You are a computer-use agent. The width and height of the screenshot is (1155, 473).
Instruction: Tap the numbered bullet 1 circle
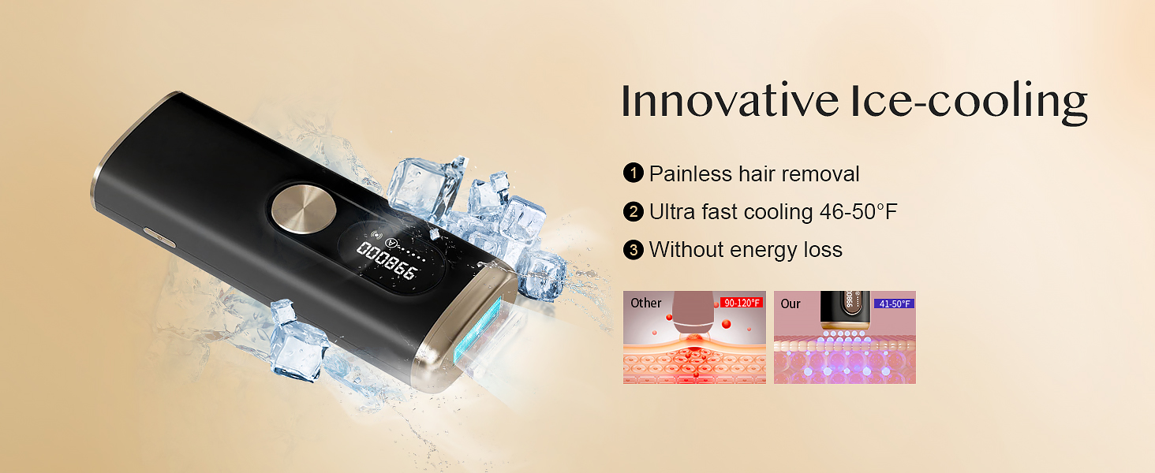tap(634, 173)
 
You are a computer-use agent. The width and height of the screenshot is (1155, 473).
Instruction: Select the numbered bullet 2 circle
tap(634, 211)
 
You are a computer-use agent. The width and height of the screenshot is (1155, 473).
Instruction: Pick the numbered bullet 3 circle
tap(634, 250)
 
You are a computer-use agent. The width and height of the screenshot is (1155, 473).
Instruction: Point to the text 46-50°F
tap(858, 212)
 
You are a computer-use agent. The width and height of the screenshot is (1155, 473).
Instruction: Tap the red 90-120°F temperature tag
tap(742, 303)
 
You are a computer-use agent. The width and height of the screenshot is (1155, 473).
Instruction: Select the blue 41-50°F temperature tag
tap(894, 304)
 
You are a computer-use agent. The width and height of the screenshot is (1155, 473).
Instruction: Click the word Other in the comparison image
tap(645, 303)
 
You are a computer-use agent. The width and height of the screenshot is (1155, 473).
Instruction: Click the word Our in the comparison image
tap(790, 304)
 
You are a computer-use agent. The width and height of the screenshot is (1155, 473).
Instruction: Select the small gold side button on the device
tap(159, 237)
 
